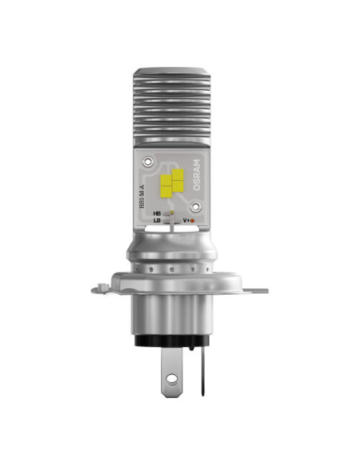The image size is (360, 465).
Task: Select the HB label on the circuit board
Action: (158, 214)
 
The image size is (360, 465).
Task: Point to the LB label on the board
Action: (158, 221)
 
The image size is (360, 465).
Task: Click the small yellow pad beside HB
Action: (170, 214)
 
